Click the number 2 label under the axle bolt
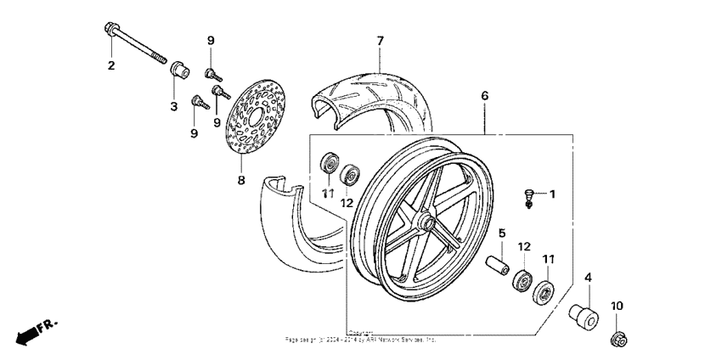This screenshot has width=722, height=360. (110, 66)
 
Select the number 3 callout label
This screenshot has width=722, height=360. (172, 106)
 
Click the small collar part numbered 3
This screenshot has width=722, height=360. (178, 70)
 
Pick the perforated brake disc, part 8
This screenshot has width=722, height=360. (254, 118)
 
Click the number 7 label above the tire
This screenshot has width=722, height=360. (380, 40)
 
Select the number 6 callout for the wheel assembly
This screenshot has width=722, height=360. (485, 96)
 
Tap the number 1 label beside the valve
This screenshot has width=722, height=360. (551, 194)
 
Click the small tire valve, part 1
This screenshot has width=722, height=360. (528, 197)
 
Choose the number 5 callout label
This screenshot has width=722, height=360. (502, 232)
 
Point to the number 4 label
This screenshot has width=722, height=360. (587, 276)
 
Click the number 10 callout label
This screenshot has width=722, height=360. (617, 306)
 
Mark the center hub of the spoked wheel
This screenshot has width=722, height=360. (427, 224)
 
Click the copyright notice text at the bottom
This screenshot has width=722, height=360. (360, 337)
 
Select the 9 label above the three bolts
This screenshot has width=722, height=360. (211, 40)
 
